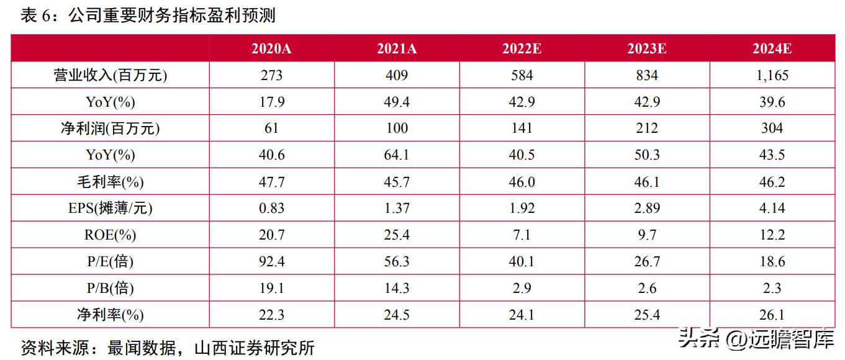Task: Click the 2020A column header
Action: pyautogui.click(x=271, y=49)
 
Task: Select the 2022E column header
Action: pyautogui.click(x=522, y=49)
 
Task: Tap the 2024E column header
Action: pyautogui.click(x=772, y=49)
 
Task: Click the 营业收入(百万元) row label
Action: pyautogui.click(x=110, y=76)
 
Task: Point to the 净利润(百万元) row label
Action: pyautogui.click(x=110, y=128)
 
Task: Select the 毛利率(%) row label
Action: pyautogui.click(x=110, y=182)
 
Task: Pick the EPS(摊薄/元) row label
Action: pyautogui.click(x=110, y=209)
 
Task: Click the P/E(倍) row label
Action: pyautogui.click(x=110, y=262)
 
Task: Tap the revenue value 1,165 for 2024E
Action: pyautogui.click(x=772, y=76)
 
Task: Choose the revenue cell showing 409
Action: pyautogui.click(x=397, y=76)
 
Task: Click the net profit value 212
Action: pyautogui.click(x=647, y=128)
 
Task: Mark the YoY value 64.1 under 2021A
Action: pyautogui.click(x=397, y=155)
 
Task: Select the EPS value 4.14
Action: pyautogui.click(x=772, y=209)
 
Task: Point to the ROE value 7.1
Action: pyautogui.click(x=522, y=235)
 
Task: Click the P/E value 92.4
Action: pyautogui.click(x=271, y=262)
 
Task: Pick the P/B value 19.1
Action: pyautogui.click(x=271, y=289)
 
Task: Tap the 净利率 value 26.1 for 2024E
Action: pyautogui.click(x=772, y=315)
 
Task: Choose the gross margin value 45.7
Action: pyautogui.click(x=397, y=182)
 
